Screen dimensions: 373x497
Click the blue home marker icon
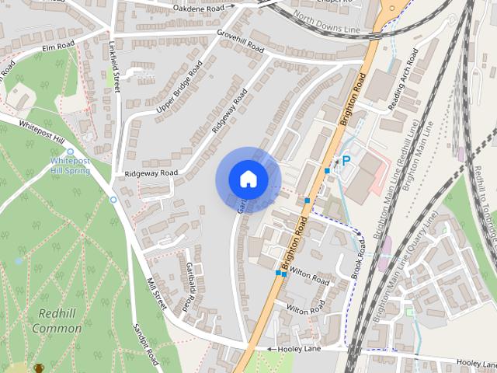[x=248, y=180]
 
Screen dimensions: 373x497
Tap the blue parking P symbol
[x=346, y=160]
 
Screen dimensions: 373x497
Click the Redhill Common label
[x=57, y=322]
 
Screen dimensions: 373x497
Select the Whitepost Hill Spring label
[x=70, y=165]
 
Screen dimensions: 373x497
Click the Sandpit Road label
[x=145, y=344]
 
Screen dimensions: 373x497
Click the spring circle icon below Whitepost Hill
[x=113, y=200]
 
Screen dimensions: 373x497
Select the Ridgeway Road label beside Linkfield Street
[x=151, y=173]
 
